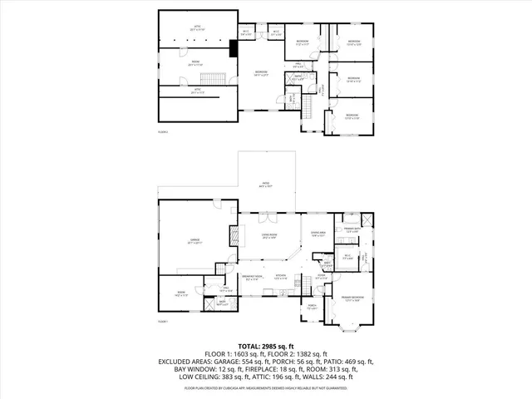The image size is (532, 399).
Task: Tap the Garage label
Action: click(195, 240)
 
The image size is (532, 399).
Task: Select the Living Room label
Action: click(268, 236)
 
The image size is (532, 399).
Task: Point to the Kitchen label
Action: click(281, 276)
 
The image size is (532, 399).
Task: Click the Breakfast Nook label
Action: click(252, 276)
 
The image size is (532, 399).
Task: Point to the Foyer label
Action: click(320, 276)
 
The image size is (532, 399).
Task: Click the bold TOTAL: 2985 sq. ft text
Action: click(266, 345)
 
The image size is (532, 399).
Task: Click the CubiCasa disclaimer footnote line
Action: click(266, 387)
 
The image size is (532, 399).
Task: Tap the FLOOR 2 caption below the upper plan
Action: click(163, 131)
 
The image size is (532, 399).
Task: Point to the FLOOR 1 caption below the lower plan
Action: click(163, 322)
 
